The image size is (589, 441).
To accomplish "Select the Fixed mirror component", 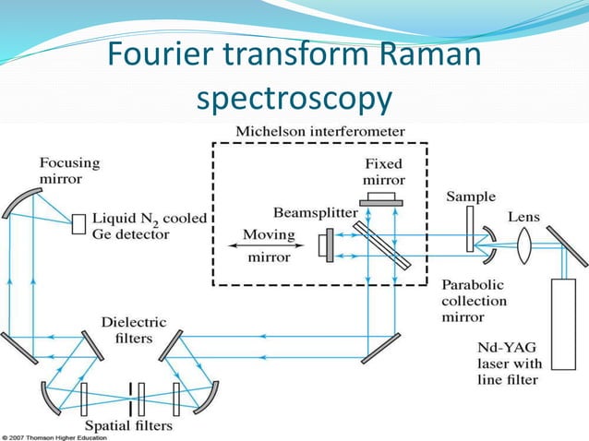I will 382,197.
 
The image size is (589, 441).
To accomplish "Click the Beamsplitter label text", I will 315,211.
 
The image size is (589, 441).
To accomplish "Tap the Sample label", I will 471,197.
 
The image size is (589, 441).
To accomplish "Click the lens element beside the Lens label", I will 523,247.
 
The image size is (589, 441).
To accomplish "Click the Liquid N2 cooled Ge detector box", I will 79,222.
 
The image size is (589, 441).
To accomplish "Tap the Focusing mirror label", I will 68,169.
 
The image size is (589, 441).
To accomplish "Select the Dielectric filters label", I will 135,330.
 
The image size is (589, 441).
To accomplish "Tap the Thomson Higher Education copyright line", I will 61,436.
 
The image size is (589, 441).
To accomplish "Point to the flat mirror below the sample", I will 381,346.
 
